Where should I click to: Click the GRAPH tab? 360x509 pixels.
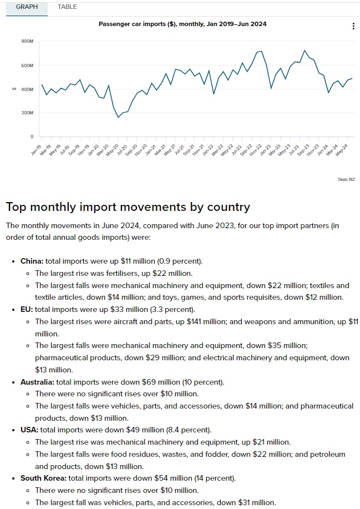27,7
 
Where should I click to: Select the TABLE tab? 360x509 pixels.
67,7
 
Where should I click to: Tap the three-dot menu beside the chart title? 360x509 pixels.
354,26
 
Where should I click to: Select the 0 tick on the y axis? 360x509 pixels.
32,137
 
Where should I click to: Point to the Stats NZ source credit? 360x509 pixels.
346,179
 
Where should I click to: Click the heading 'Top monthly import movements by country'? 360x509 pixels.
128,207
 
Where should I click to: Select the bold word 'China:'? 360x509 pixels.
32,260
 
